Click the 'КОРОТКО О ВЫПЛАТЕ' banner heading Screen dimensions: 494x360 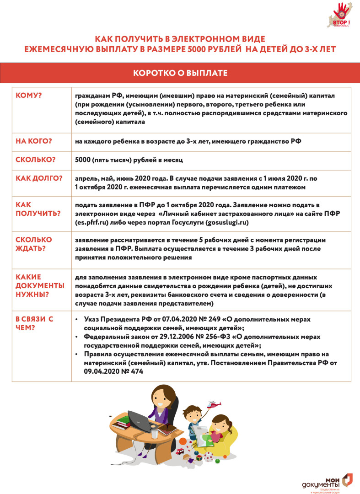(180, 73)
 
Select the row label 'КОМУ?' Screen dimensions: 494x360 (28, 95)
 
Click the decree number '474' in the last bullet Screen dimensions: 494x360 (136, 371)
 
